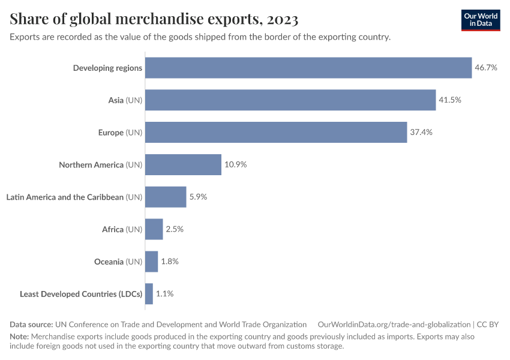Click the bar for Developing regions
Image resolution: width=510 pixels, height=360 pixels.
click(308, 68)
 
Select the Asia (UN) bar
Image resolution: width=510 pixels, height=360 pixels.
click(290, 100)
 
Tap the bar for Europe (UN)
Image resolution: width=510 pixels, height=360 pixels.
click(276, 132)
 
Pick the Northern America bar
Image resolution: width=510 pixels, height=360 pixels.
click(183, 164)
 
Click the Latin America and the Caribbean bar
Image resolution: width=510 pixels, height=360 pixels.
click(166, 197)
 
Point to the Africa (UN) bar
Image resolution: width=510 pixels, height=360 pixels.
click(154, 229)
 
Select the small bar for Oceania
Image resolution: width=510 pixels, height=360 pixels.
click(151, 262)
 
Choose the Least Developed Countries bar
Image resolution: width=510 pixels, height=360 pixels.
click(149, 294)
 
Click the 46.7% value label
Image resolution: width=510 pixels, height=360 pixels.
click(486, 68)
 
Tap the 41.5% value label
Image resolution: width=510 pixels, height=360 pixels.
click(450, 100)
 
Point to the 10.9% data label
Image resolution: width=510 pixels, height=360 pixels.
click(236, 164)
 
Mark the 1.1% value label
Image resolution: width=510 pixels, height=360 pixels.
click(165, 294)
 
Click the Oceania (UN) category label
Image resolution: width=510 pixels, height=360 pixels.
click(118, 262)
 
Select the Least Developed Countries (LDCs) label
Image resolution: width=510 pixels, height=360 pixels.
click(81, 294)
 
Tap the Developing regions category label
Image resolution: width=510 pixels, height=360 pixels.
click(107, 68)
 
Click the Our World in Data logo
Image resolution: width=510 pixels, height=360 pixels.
click(481, 20)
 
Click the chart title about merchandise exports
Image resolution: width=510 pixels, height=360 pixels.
click(154, 19)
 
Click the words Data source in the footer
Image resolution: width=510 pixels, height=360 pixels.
click(31, 325)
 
